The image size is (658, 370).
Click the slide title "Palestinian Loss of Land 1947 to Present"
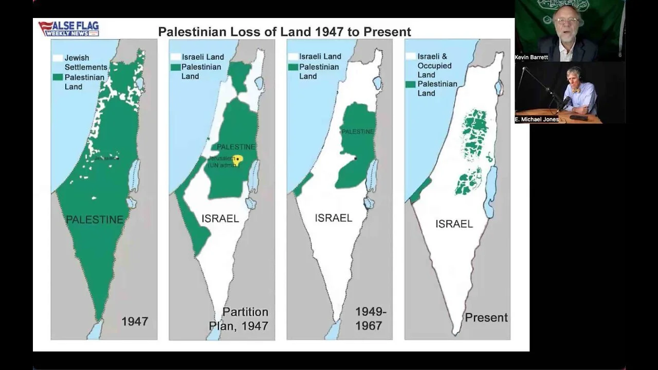pyautogui.click(x=284, y=32)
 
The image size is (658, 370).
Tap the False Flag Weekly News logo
pyautogui.click(x=68, y=29)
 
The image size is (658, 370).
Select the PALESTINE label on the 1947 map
pyautogui.click(x=95, y=220)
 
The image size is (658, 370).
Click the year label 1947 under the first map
pyautogui.click(x=135, y=322)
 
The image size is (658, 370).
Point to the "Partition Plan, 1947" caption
pyautogui.click(x=239, y=319)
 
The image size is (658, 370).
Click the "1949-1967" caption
pyautogui.click(x=369, y=319)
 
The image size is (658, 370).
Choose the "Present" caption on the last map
pyautogui.click(x=486, y=318)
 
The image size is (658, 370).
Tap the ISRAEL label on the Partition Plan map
pyautogui.click(x=220, y=218)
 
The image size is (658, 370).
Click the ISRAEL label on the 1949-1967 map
pyautogui.click(x=334, y=218)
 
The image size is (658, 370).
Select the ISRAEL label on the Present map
pyautogui.click(x=454, y=224)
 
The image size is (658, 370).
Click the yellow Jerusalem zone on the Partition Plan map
pyautogui.click(x=237, y=159)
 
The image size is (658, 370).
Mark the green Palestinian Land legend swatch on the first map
pyautogui.click(x=58, y=77)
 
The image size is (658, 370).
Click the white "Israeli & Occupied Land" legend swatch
pyautogui.click(x=410, y=56)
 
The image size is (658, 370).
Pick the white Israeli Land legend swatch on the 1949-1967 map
pyautogui.click(x=293, y=56)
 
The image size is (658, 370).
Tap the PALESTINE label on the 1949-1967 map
pyautogui.click(x=358, y=132)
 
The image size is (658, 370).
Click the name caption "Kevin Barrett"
pyautogui.click(x=531, y=58)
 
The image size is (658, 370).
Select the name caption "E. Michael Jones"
pyautogui.click(x=537, y=119)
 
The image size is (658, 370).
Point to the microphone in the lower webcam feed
pyautogui.click(x=565, y=101)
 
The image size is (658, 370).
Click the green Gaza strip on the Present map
pyautogui.click(x=421, y=190)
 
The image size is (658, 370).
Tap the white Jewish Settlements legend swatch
pyautogui.click(x=58, y=58)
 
